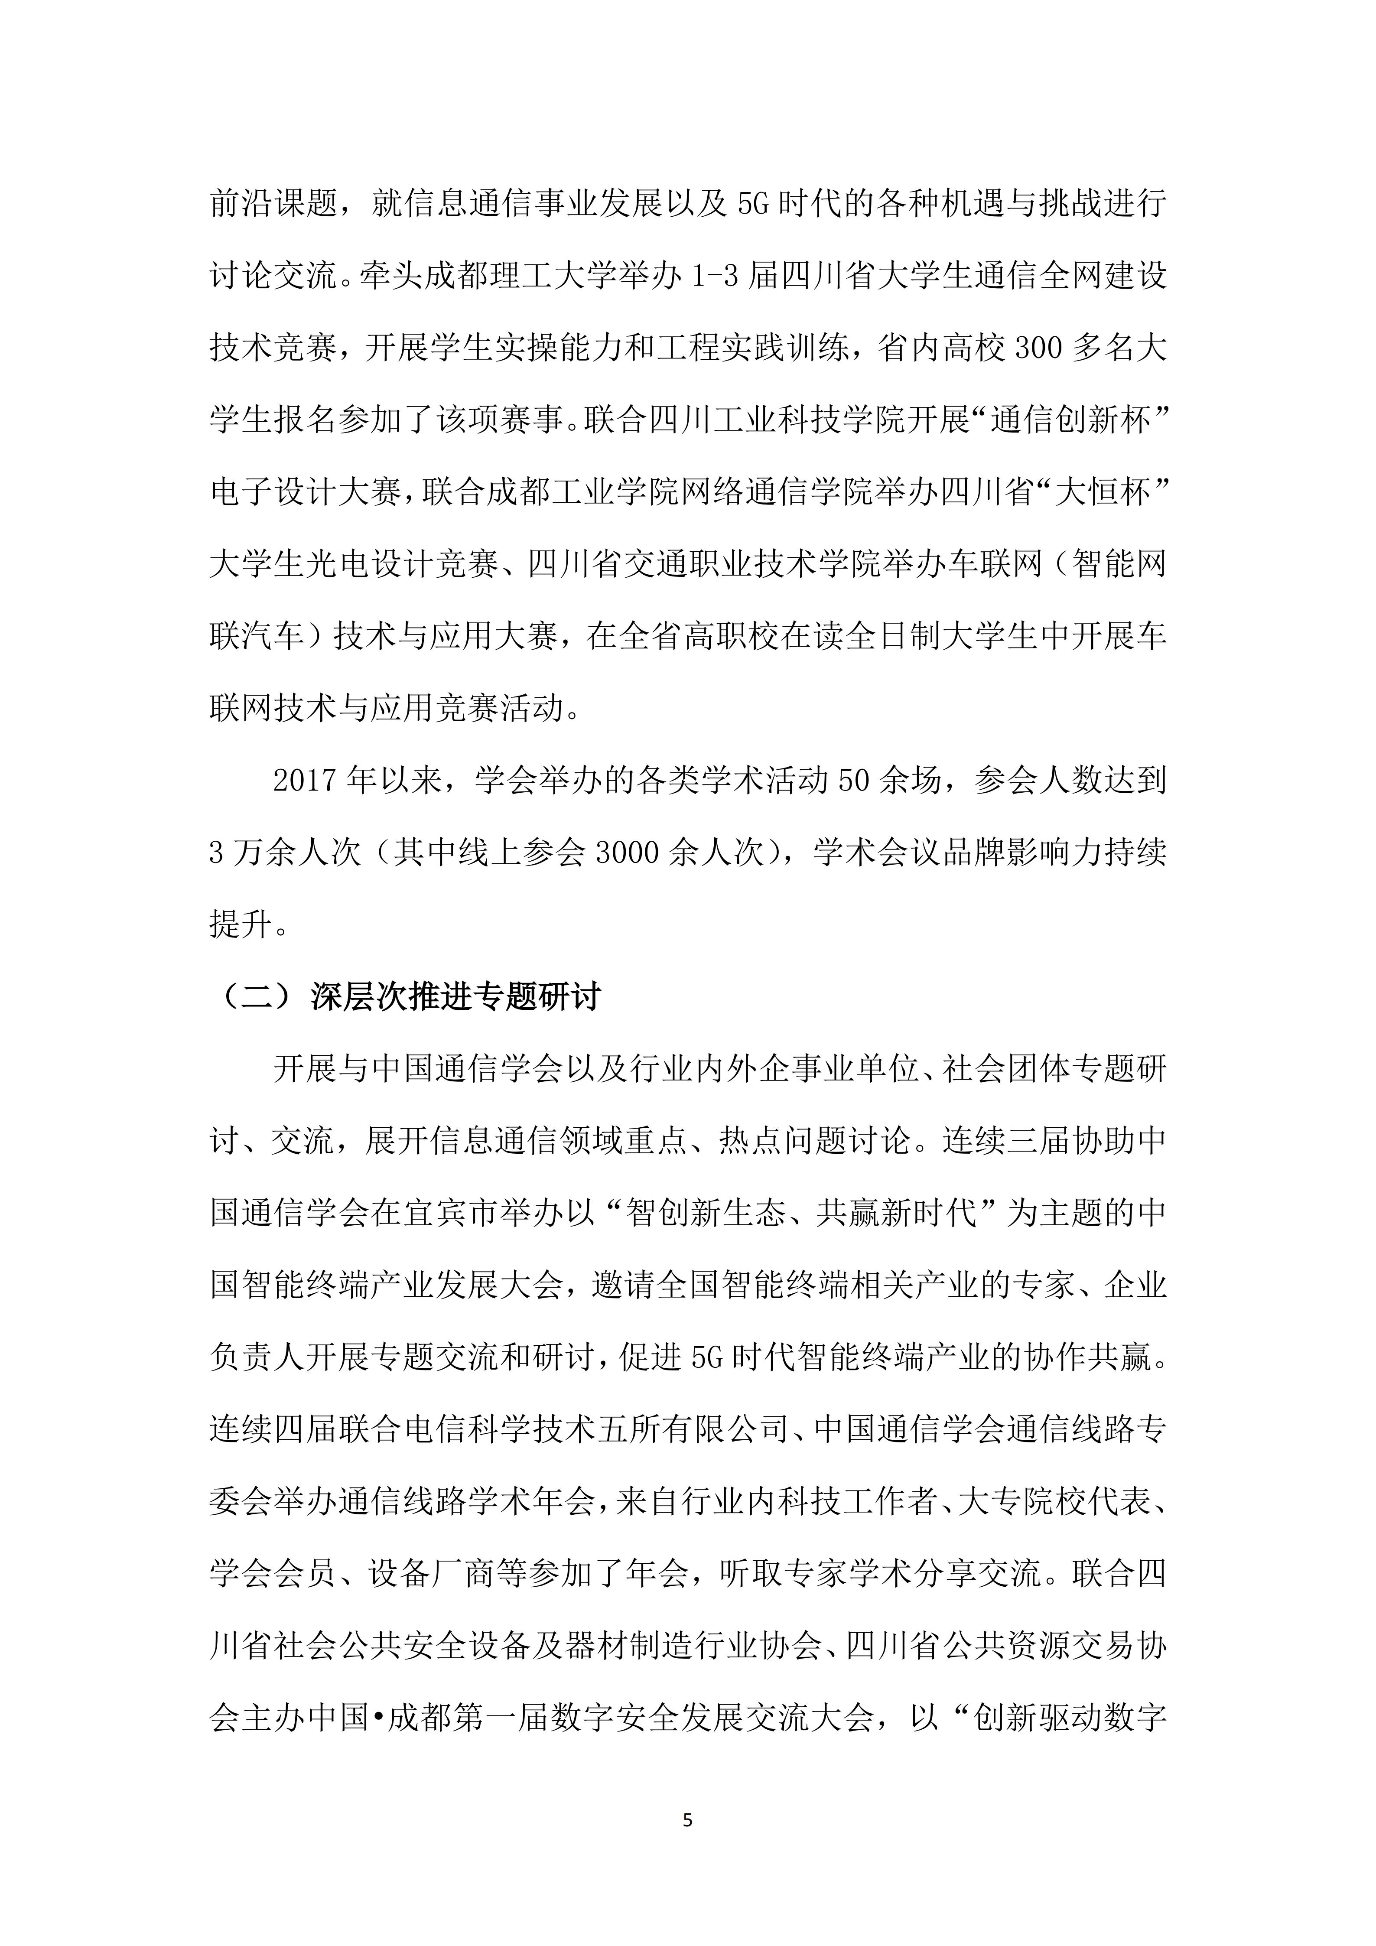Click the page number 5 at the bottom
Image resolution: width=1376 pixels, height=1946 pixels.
(687, 1820)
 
